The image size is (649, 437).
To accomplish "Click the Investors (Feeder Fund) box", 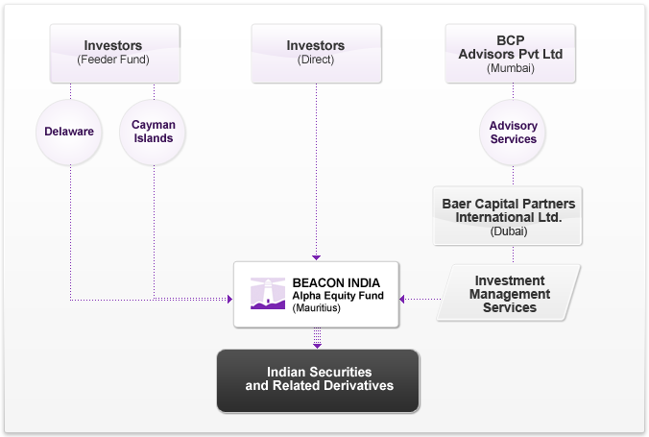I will (x=113, y=53).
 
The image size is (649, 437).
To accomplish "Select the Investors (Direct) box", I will (x=315, y=53).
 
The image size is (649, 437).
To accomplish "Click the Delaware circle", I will (x=69, y=132).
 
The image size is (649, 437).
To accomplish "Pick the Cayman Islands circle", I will (x=154, y=132).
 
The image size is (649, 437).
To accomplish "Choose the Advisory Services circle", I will (x=513, y=133).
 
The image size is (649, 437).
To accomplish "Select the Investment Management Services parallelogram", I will (x=513, y=294).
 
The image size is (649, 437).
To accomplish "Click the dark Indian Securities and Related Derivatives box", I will (x=319, y=379).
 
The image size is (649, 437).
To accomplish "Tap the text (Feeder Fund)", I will (x=113, y=60).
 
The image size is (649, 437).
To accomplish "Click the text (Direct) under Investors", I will (x=315, y=60).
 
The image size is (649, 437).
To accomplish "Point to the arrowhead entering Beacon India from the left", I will (x=229, y=300).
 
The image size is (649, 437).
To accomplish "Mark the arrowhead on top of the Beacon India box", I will (x=315, y=255).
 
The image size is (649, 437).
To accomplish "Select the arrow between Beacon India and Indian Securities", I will (x=317, y=338).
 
